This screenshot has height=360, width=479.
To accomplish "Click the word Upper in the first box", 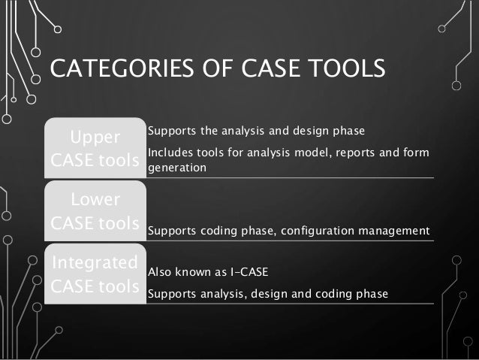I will click(x=95, y=138).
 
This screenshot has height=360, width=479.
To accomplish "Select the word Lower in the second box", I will click(x=95, y=201).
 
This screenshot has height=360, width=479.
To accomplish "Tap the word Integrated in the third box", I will click(x=95, y=263).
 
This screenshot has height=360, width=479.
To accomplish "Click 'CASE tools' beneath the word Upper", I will click(x=95, y=162).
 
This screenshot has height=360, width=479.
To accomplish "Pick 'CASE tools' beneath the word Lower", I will click(x=95, y=224).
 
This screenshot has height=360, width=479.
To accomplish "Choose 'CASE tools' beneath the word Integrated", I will click(x=95, y=286).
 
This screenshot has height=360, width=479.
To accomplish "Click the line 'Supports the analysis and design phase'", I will click(x=256, y=132).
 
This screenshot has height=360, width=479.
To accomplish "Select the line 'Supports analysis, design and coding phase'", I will click(x=268, y=294).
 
